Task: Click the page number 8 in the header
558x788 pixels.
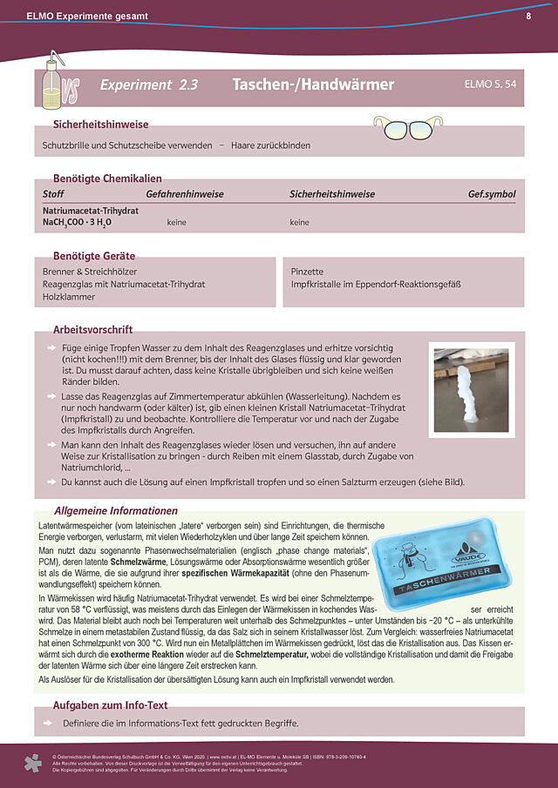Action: pyautogui.click(x=529, y=16)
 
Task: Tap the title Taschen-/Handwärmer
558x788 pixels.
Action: pyautogui.click(x=313, y=84)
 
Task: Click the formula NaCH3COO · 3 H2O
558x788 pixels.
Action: pyautogui.click(x=77, y=223)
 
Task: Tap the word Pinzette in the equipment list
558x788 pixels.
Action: pyautogui.click(x=307, y=272)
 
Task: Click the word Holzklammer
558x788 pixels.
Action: pyautogui.click(x=68, y=296)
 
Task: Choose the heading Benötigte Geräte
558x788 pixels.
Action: pyautogui.click(x=94, y=256)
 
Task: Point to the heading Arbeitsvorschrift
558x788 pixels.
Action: pyautogui.click(x=93, y=331)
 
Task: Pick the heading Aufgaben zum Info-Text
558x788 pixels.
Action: pyautogui.click(x=111, y=705)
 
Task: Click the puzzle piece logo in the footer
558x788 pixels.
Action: pyautogui.click(x=32, y=764)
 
